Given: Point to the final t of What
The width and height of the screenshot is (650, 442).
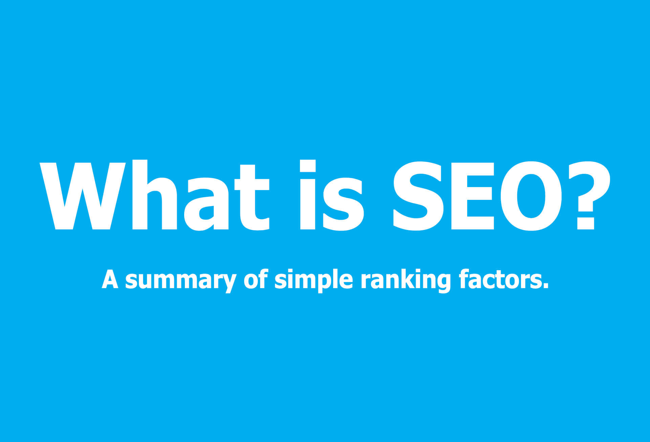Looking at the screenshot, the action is (252, 197).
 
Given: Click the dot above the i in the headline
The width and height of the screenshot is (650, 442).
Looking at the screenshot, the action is (308, 166).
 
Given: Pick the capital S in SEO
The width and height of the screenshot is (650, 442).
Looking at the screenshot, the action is (418, 196).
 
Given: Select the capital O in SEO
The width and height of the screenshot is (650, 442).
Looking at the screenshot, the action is (531, 196).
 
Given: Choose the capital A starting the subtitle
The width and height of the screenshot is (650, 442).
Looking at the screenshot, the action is (110, 279).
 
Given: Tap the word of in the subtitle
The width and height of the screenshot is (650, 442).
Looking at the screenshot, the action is (256, 279).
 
